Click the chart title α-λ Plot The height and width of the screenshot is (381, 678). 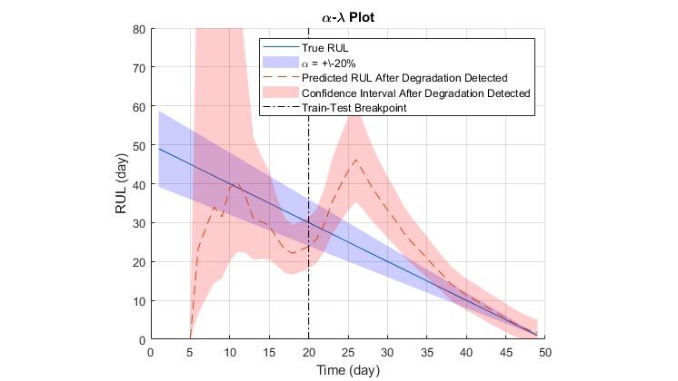pos(348,18)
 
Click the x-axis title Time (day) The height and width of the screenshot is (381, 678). pos(348,370)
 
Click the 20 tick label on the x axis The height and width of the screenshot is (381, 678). pos(308,351)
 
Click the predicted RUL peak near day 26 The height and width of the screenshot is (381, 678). pos(356,160)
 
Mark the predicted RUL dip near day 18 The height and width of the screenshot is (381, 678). pos(293,253)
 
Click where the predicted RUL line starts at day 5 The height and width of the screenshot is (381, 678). pos(190,337)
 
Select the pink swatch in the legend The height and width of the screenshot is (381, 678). pos(279,93)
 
